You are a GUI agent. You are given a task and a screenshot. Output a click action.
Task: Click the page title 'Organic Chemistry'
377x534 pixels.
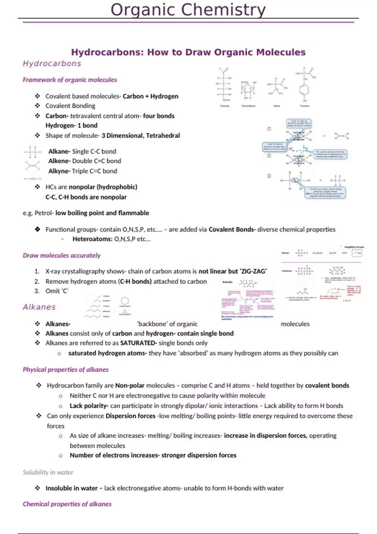(x=188, y=10)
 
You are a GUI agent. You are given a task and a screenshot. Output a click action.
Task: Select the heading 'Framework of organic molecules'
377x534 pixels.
(x=70, y=80)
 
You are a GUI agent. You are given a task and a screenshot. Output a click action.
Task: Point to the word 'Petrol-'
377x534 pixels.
(x=44, y=213)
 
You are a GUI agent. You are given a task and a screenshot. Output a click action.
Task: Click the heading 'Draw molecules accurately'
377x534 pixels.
(x=62, y=255)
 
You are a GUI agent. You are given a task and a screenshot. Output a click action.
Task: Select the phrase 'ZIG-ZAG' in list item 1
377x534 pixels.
(x=253, y=271)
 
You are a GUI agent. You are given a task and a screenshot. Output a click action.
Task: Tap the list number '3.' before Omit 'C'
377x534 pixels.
(x=37, y=291)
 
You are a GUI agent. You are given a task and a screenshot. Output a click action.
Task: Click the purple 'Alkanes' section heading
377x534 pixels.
(x=39, y=307)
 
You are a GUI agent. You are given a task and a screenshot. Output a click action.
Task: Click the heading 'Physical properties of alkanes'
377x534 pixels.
(x=66, y=370)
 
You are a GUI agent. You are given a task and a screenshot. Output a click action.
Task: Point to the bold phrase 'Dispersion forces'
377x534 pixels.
(x=130, y=416)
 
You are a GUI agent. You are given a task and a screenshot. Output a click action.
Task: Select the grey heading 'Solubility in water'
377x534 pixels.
(x=48, y=472)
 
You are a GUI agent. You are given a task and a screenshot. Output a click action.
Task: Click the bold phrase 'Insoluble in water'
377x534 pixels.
(x=71, y=488)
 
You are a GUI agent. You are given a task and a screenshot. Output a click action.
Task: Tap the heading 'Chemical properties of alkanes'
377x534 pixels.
(x=67, y=504)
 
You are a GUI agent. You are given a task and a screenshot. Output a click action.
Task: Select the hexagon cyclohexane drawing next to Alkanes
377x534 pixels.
(x=125, y=301)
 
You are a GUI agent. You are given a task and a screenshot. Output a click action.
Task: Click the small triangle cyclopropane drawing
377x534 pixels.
(x=125, y=311)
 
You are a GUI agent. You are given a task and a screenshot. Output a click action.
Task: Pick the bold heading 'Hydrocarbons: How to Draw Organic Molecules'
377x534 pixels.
(x=188, y=52)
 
